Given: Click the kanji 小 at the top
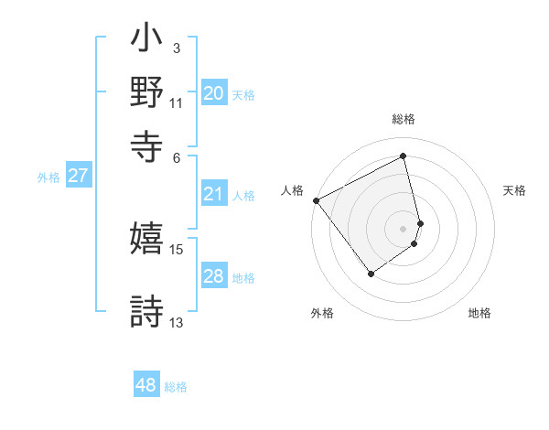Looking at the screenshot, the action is point(147,42).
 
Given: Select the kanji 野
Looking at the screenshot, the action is point(147,93).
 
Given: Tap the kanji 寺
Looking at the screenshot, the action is point(147,145).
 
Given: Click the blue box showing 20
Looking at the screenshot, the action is point(213,93).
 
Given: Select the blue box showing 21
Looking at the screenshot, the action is point(213,194).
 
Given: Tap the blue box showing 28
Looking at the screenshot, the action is point(213,276).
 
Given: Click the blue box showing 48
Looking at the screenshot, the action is point(145,385).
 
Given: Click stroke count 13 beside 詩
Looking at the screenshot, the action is point(177,322).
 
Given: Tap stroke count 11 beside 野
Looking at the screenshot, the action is point(177,103).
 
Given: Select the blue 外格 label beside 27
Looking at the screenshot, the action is point(48,177).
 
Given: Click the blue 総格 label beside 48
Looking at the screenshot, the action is point(176,387).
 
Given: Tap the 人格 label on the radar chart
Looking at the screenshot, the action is point(292,190).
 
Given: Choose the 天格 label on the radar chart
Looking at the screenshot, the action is point(514,190).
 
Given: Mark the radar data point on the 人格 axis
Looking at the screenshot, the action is point(316,200).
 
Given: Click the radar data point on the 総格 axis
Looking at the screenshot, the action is point(403,156).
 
